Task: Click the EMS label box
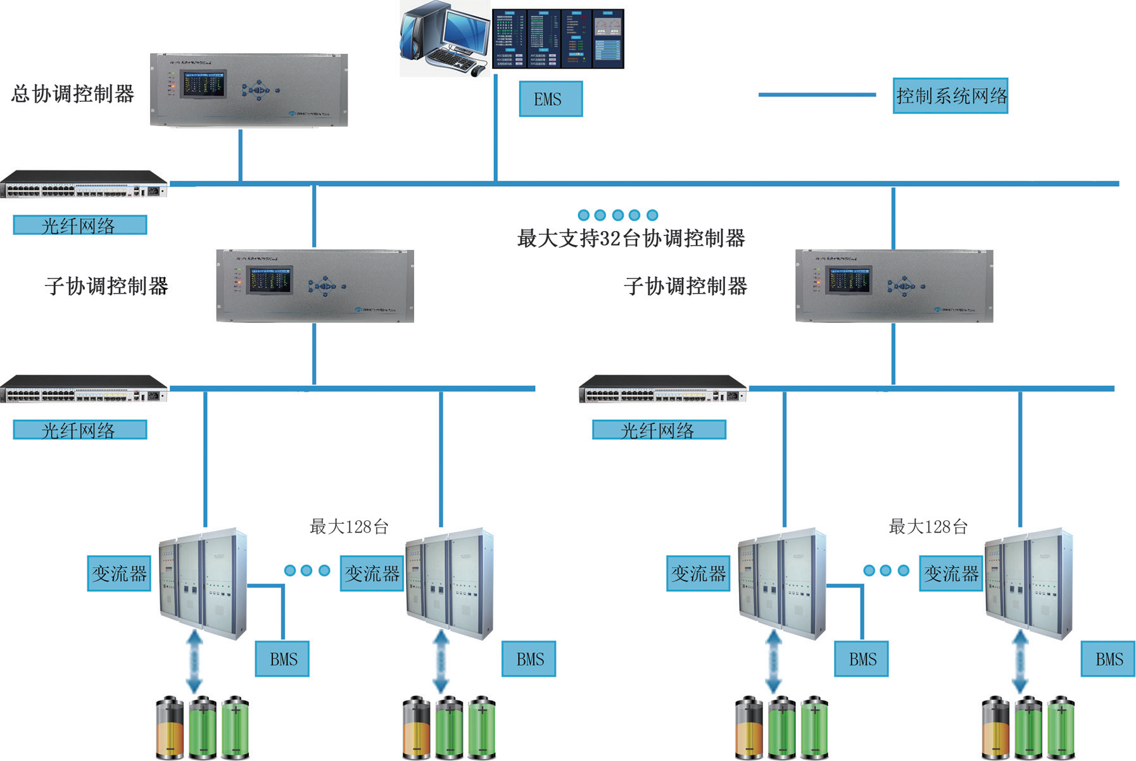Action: tap(550, 99)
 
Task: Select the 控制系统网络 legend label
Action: tap(950, 96)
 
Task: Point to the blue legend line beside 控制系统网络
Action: tap(817, 95)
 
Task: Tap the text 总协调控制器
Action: tap(73, 94)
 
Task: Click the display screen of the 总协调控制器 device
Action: tap(203, 84)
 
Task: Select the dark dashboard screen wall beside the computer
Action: tap(558, 39)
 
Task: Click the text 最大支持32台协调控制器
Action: tap(631, 238)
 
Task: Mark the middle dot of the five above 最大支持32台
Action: tap(618, 215)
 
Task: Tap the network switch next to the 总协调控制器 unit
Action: tap(84, 184)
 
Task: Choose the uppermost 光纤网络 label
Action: tap(80, 225)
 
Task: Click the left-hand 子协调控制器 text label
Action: tap(106, 286)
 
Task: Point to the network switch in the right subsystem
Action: tap(662, 389)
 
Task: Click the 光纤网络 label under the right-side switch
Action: tap(659, 430)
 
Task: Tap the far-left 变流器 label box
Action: tap(119, 574)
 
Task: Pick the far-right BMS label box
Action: tap(1108, 659)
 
